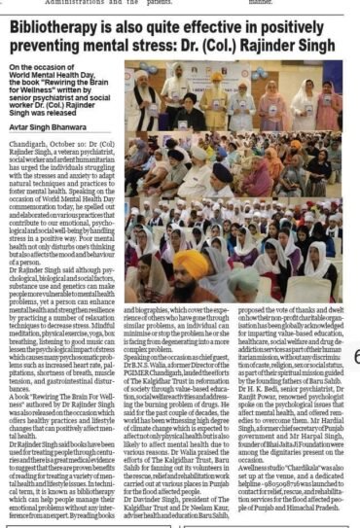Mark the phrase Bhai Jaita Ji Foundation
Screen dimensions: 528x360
click(293, 411)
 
